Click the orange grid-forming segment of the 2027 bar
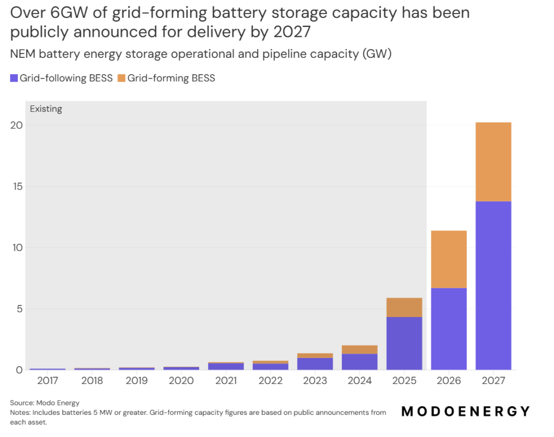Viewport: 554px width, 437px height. coord(493,162)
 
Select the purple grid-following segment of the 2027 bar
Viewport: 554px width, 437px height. coord(493,286)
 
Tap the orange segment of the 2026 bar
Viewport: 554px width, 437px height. coord(449,259)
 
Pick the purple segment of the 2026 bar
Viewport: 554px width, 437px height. coord(449,329)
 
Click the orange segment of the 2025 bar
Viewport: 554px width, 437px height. coord(404,307)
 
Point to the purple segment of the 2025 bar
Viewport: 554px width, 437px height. coord(404,343)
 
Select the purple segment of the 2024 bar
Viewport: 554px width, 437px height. coord(360,362)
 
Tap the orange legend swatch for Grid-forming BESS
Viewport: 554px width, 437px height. coord(122,78)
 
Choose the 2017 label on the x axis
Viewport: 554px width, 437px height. coord(48,381)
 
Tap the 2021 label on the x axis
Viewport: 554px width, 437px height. coord(226,381)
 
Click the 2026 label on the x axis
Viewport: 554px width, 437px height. coord(449,381)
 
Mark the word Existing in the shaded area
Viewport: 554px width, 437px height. coord(46,109)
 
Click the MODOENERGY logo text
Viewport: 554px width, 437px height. coord(466,412)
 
